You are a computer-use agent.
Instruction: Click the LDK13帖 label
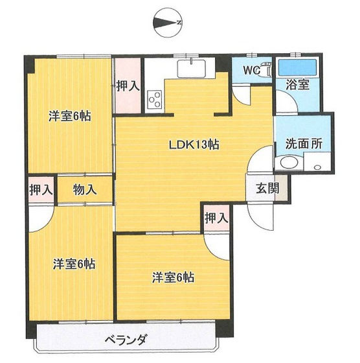193,145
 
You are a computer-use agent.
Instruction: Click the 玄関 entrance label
267,189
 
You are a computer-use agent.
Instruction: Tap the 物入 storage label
85,189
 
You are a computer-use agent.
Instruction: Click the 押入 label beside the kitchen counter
128,86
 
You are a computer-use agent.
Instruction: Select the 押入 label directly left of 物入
41,189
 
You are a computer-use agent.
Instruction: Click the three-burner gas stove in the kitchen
155,100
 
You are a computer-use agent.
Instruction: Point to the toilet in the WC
263,73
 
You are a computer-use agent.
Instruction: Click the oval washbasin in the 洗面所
286,163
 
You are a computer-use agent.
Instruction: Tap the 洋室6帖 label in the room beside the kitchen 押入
69,116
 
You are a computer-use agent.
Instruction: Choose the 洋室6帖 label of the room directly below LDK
173,278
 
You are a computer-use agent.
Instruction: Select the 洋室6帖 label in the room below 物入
74,264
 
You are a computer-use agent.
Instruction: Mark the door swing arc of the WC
241,96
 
